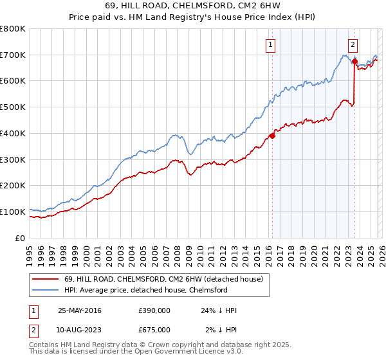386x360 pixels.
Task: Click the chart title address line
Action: [x=192, y=6]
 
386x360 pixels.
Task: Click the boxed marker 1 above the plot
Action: [x=270, y=44]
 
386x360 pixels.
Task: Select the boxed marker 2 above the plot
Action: [x=353, y=44]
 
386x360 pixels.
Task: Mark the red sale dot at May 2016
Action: [x=272, y=136]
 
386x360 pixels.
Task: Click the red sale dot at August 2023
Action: [x=354, y=62]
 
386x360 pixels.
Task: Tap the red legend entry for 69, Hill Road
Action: [x=163, y=280]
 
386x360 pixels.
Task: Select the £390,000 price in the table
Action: [x=154, y=310]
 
